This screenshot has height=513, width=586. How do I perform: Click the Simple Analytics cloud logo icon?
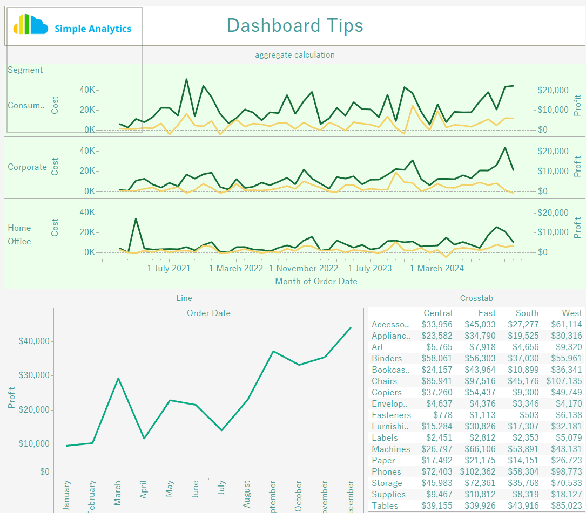(x=30, y=25)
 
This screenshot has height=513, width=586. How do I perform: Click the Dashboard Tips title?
(x=294, y=25)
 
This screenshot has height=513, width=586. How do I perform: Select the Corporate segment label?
(x=27, y=167)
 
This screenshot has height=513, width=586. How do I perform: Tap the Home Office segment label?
(x=19, y=235)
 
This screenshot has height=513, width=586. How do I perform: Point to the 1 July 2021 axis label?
(x=169, y=268)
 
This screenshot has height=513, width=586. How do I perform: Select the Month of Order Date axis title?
(x=316, y=281)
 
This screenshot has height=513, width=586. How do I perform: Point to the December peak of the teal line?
(x=351, y=327)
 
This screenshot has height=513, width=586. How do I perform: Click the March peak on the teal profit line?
(x=118, y=378)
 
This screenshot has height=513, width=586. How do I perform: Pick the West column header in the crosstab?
(x=572, y=313)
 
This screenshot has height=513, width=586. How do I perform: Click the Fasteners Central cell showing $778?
(x=442, y=415)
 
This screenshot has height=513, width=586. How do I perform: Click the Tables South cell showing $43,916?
(x=523, y=505)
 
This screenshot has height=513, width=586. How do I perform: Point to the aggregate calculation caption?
(x=294, y=55)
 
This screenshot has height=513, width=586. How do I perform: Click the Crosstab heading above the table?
(x=476, y=298)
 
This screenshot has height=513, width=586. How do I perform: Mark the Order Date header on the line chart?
(x=208, y=313)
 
